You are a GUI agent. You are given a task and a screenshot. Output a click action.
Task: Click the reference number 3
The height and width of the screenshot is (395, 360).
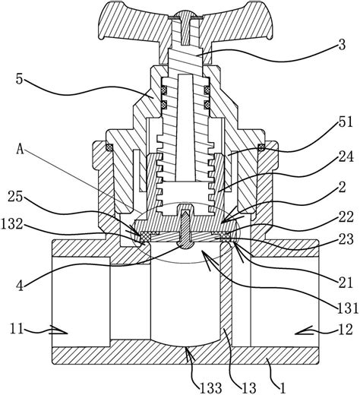tap(342, 45)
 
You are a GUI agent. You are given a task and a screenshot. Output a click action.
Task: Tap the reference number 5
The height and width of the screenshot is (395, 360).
tap(20, 79)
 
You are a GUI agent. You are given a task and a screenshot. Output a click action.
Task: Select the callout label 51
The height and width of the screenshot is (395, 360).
tap(346, 122)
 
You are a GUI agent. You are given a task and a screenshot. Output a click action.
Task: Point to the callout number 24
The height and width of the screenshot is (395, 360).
tap(346, 157)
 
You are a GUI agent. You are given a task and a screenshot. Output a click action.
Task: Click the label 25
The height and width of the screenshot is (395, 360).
tap(15, 196)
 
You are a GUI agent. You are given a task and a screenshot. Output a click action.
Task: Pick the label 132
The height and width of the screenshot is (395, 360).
tap(13, 224)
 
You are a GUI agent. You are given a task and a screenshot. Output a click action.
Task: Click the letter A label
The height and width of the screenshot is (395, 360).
tap(21, 150)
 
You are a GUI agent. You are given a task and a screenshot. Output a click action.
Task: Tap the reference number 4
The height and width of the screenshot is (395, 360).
tap(20, 285)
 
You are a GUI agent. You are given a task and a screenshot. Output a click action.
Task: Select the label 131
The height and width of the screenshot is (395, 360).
tap(347, 308)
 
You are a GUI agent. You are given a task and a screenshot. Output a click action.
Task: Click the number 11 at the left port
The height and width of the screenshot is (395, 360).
tap(17, 330)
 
